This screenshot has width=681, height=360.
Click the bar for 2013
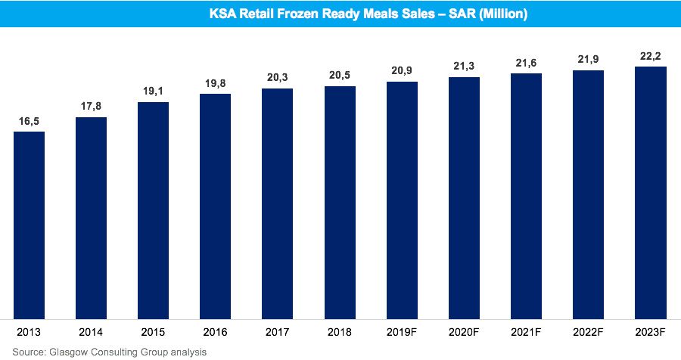click(x=29, y=225)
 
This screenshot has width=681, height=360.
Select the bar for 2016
click(x=216, y=206)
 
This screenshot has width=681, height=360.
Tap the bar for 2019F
click(x=402, y=200)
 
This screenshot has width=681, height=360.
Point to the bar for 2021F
click(x=526, y=196)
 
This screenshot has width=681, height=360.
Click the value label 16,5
click(x=29, y=121)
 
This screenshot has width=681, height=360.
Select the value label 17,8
click(x=91, y=107)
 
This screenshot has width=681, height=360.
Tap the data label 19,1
click(x=153, y=92)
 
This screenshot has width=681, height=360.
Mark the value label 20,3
click(x=278, y=78)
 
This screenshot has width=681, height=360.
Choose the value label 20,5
click(x=340, y=76)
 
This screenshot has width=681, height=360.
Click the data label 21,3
click(x=464, y=67)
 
